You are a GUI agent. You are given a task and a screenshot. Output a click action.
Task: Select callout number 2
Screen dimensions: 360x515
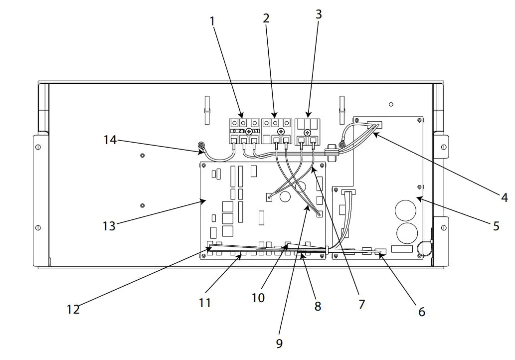pos(266,18)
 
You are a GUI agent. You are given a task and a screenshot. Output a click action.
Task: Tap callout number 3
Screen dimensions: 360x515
pos(319,14)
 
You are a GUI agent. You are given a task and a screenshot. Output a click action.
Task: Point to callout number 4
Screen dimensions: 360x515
pos(504,198)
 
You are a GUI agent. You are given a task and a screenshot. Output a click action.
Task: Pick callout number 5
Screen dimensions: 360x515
pos(496,226)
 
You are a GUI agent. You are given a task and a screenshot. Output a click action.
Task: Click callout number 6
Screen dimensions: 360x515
pos(422,312)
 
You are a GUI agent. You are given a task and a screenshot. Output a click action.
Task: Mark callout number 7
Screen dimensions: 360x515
pos(361,303)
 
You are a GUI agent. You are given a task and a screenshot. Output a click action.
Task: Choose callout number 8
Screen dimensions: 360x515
pos(318,306)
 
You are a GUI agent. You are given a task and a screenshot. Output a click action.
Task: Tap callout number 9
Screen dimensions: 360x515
pos(279,343)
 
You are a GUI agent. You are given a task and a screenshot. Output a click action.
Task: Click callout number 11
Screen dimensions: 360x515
pos(205,303)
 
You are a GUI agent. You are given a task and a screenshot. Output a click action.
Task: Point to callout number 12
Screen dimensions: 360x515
pos(73,309)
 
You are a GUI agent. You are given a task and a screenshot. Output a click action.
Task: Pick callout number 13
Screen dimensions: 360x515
pos(109,226)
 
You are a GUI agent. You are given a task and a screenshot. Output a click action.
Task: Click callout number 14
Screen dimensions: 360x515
pos(110,140)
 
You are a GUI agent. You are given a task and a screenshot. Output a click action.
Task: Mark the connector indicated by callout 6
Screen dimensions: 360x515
pos(381,252)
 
